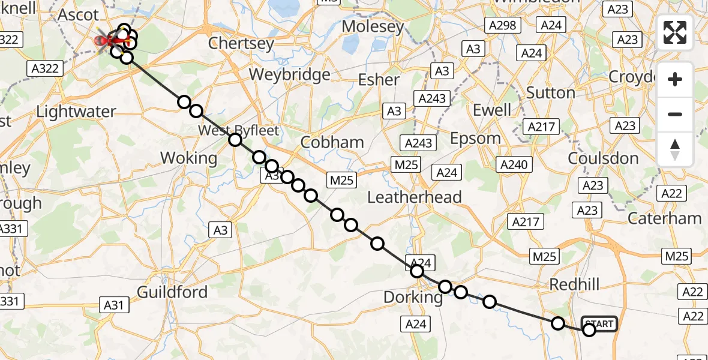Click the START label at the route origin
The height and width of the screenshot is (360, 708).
point(599,324)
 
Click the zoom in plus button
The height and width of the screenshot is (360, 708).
point(675,79)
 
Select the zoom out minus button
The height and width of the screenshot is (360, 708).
point(675,114)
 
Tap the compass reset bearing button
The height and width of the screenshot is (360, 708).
point(675,149)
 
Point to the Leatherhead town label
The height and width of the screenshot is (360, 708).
point(415,197)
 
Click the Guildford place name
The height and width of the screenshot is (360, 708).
point(172,292)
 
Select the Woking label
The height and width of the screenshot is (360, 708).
point(189,158)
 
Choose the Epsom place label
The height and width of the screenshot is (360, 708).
point(476,138)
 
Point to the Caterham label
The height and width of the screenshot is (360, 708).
point(664,218)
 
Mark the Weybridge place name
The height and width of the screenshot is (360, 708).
point(290,74)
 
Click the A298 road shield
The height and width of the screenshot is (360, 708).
point(503,25)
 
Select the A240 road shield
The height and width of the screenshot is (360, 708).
point(513,164)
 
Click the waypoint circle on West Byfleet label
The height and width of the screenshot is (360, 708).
point(235,140)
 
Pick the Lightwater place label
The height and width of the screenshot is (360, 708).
point(76,111)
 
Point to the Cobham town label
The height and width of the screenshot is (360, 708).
point(332,142)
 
